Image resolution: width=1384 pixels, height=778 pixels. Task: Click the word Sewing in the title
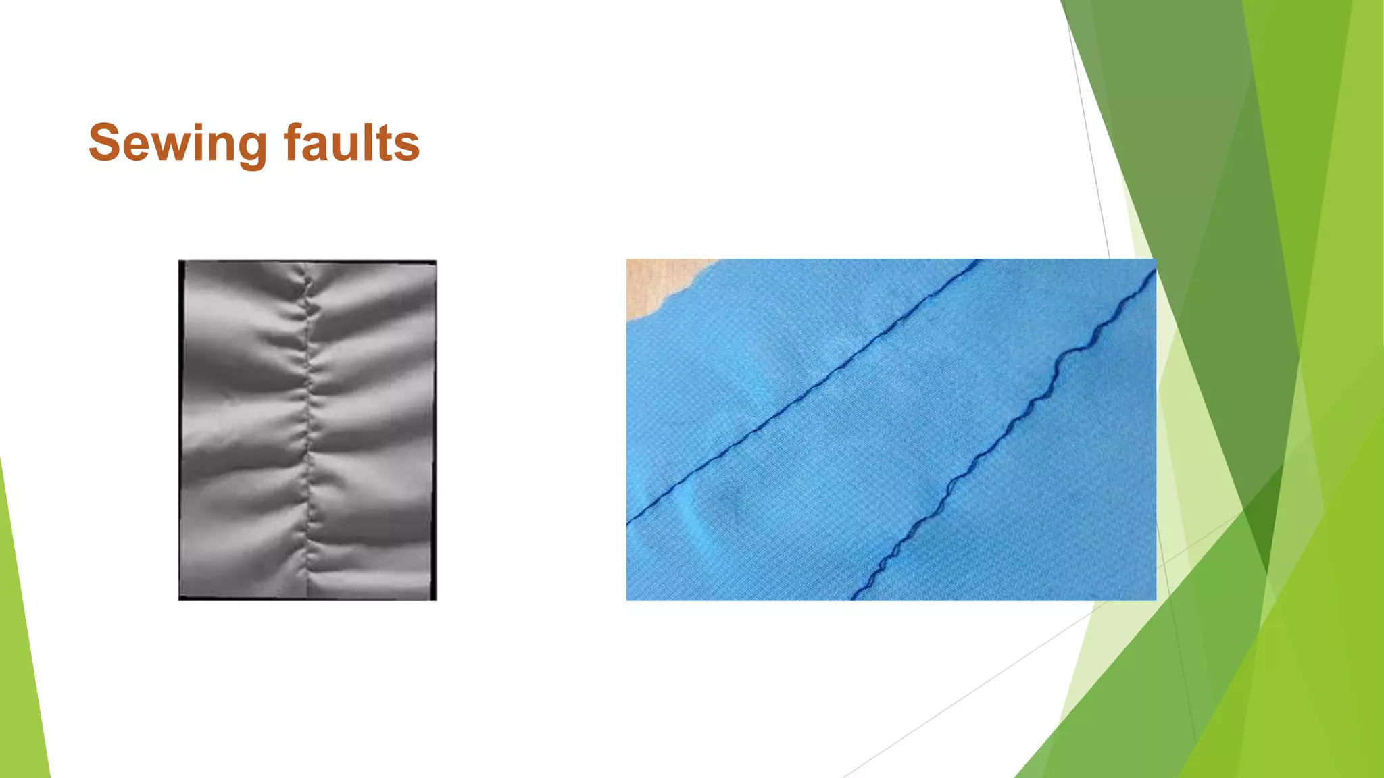[x=178, y=143]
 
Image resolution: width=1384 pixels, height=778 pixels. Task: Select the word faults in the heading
[x=351, y=143]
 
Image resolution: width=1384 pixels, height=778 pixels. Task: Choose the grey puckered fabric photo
[x=307, y=430]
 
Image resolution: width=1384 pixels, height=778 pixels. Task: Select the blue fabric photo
[x=891, y=430]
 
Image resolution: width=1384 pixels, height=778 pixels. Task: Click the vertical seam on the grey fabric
[x=309, y=432]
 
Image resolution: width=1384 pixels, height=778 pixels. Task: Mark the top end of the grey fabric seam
[x=305, y=265]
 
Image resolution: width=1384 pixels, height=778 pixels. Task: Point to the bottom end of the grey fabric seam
[x=309, y=596]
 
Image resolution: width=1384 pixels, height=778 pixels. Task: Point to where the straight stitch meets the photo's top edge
[x=976, y=261]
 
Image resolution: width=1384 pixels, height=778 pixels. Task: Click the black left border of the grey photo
[x=181, y=430]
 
